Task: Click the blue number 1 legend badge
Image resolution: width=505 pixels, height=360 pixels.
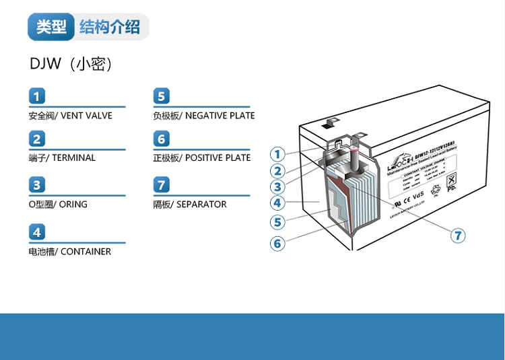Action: pos(38,96)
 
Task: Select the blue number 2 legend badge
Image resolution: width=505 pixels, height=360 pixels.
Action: pos(38,139)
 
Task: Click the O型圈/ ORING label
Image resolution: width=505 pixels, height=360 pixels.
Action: pos(58,204)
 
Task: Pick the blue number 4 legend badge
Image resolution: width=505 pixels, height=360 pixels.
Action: pos(38,233)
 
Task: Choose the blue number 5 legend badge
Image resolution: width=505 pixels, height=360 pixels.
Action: pos(162,96)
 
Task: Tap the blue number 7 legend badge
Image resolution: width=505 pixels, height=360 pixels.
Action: pos(162,185)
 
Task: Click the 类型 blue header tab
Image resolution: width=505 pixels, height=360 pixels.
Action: pos(51,27)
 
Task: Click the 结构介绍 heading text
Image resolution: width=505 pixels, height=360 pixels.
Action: pos(110,27)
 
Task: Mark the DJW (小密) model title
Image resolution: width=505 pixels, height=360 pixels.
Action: pos(71,64)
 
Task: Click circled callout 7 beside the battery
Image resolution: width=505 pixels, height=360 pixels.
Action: pos(458,235)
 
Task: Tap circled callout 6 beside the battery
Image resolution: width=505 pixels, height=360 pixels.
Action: pos(278,243)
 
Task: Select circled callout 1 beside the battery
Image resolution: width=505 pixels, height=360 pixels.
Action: pos(278,153)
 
